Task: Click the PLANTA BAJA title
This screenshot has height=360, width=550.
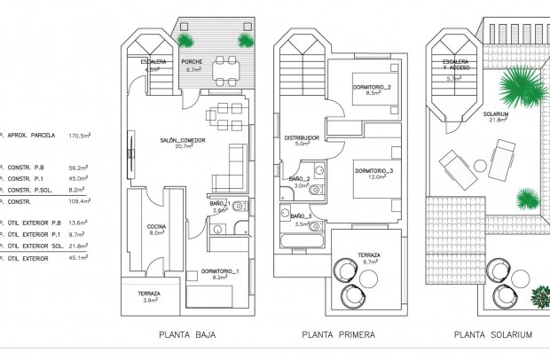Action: pos(187,335)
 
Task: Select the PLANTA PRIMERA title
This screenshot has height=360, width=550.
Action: pos(339,335)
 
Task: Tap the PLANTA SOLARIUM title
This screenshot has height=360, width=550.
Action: pos(492,335)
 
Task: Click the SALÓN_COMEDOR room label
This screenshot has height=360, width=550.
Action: pos(184,142)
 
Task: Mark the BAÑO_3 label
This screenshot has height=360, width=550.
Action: pos(301,216)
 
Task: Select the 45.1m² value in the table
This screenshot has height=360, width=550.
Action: pos(80,259)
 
